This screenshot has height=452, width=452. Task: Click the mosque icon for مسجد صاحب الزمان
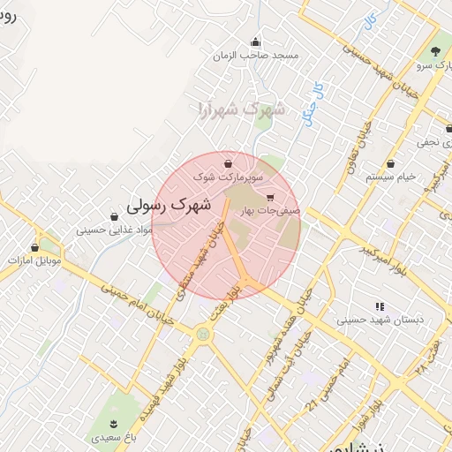256,41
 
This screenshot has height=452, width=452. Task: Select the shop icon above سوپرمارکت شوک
230,163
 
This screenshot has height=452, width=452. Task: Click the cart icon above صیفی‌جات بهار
269,198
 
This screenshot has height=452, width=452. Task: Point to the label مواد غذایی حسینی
114,230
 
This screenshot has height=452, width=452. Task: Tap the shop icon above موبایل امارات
35,248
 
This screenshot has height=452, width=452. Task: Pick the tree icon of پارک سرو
436,50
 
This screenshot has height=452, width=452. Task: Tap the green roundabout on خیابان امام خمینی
204,335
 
